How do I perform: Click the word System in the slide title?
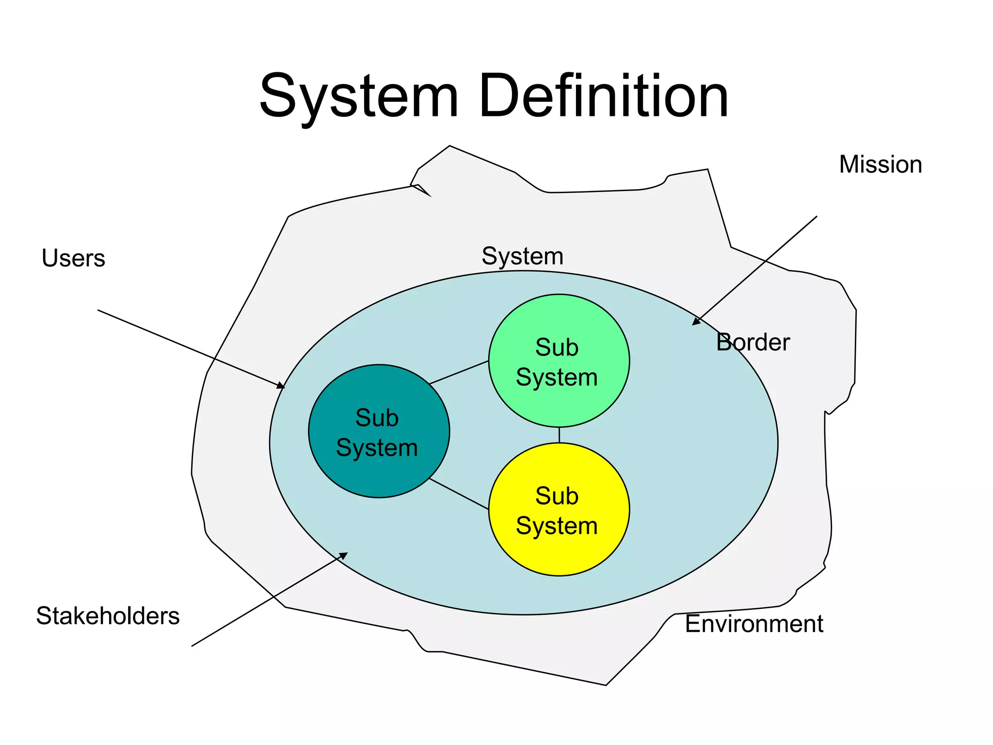pos(359,96)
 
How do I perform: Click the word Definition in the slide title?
pos(604,96)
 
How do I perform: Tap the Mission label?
pos(880,164)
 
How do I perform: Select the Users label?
pos(73,258)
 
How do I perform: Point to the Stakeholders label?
pos(108,616)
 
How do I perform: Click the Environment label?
pos(753,624)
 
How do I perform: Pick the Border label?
pos(753,342)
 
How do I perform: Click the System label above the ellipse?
pos(522,256)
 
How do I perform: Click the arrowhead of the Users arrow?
pos(282,386)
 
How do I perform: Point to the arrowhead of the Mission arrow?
pos(696,322)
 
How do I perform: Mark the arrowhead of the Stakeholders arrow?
pos(344,555)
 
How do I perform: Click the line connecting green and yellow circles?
pos(559,435)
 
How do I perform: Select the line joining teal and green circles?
pos(459,372)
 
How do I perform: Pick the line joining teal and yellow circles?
pos(459,494)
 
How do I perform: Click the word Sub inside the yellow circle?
pos(557,496)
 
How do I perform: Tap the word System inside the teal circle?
pos(377,448)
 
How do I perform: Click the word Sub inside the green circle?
pos(557,348)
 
